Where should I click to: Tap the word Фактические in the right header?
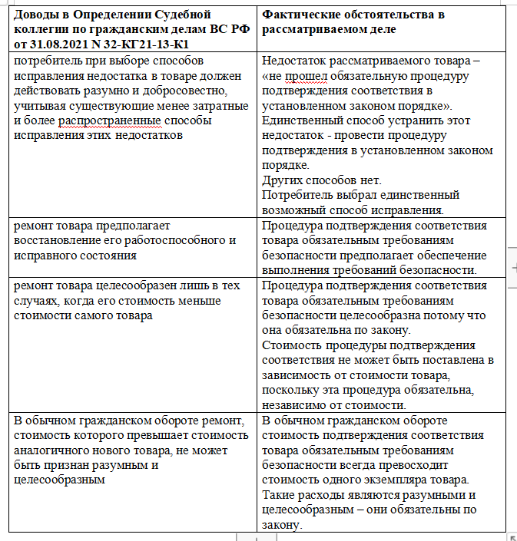[x=300, y=15]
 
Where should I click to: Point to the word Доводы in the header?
[x=35, y=15]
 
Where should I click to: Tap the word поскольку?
[x=290, y=391]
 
